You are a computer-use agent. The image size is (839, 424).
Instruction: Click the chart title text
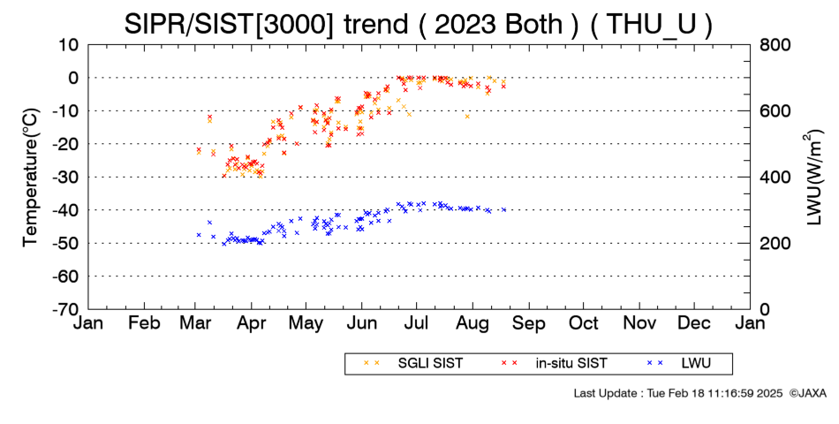click(419, 24)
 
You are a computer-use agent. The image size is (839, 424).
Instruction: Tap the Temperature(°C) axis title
click(31, 178)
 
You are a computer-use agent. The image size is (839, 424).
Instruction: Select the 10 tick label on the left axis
click(69, 45)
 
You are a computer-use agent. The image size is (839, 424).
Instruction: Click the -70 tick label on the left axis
click(65, 309)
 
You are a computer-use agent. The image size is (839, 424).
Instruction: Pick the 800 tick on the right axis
click(775, 45)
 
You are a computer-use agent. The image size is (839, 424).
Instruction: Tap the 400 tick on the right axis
click(775, 178)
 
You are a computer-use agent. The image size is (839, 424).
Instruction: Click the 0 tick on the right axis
click(765, 309)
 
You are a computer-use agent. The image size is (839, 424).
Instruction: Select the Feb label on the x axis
click(145, 323)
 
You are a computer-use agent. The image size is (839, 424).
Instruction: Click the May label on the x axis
click(306, 324)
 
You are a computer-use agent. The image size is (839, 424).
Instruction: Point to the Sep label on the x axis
click(529, 324)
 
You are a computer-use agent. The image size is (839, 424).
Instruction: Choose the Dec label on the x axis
click(694, 323)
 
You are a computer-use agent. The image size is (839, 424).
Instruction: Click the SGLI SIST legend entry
click(413, 364)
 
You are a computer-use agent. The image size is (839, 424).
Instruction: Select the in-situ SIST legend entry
click(554, 364)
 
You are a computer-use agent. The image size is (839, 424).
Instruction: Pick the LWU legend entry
click(678, 364)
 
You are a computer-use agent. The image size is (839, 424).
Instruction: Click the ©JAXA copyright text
click(807, 393)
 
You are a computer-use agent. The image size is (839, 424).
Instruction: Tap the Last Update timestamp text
click(678, 393)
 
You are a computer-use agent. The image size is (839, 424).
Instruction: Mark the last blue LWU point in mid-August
click(503, 210)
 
